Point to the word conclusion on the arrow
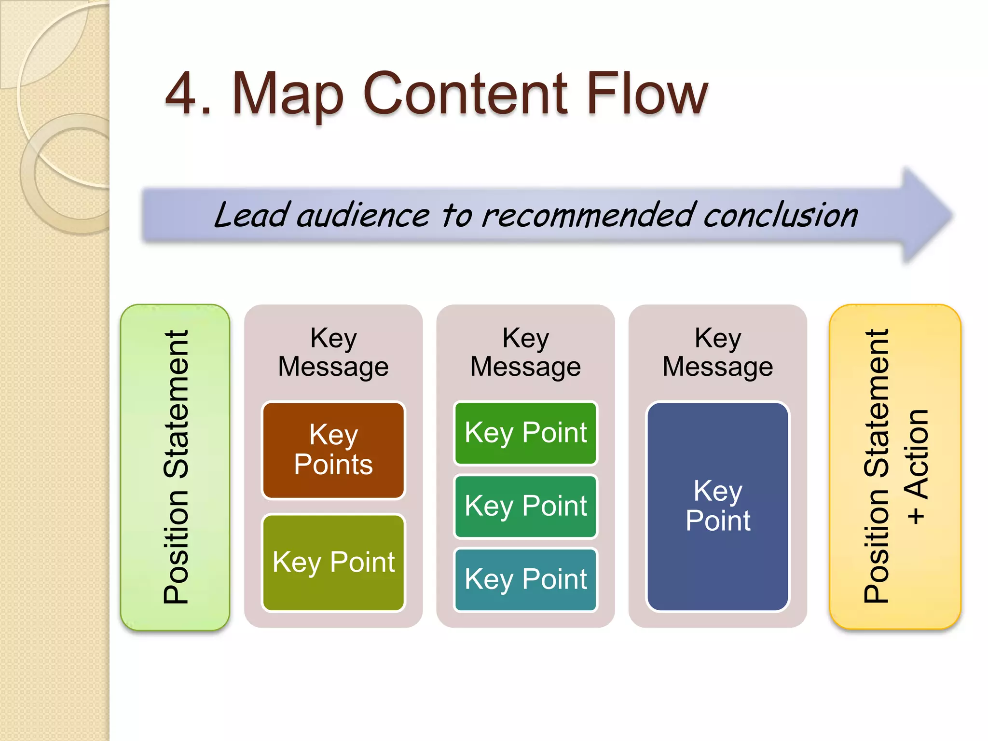(x=780, y=215)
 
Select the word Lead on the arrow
(x=251, y=215)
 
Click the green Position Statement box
(x=175, y=467)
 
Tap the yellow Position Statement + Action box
(x=895, y=467)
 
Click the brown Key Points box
(x=333, y=450)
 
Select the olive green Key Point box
(x=333, y=563)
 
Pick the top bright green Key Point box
(x=525, y=433)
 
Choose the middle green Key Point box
(x=525, y=506)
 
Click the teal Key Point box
(x=525, y=579)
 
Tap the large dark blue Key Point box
(x=717, y=506)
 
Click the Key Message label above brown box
(x=333, y=352)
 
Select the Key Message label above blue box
(x=717, y=352)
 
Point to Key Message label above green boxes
(x=525, y=352)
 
